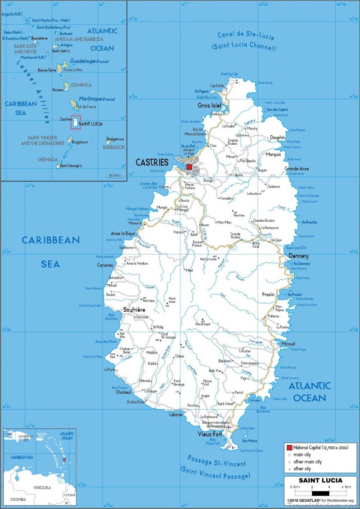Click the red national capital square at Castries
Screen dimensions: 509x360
pyautogui.click(x=189, y=167)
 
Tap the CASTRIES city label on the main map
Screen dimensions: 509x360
pyautogui.click(x=152, y=162)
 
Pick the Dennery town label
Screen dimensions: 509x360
pyautogui.click(x=286, y=256)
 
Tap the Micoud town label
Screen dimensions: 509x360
pyautogui.click(x=288, y=344)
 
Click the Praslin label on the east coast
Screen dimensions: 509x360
pyautogui.click(x=269, y=295)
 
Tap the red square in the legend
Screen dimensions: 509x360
pyautogui.click(x=289, y=448)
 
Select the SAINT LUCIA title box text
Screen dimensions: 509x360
pyautogui.click(x=320, y=480)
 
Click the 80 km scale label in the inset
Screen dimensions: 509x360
pyautogui.click(x=114, y=175)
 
